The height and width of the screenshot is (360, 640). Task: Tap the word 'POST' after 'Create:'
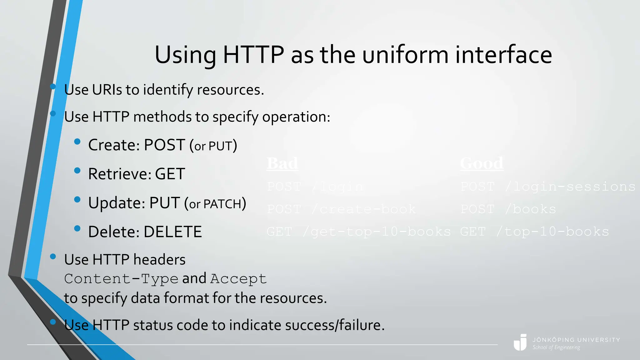pos(164,145)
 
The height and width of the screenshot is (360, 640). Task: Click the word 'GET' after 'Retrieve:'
pos(170,174)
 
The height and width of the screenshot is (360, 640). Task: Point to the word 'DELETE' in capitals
pos(172,232)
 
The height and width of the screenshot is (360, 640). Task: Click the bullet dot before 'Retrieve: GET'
pos(77,171)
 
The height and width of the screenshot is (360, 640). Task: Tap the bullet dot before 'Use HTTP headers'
pos(53,257)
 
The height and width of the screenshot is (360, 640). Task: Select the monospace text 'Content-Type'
pos(121,279)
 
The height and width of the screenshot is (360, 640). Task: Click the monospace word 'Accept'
pos(238,279)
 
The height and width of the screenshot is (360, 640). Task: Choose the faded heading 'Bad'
pos(282,163)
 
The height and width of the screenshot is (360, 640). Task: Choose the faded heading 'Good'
pos(482,163)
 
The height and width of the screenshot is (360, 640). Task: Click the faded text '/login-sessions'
pos(570,187)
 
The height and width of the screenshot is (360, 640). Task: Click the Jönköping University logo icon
pos(520,342)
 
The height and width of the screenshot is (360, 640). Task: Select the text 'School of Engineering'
pos(556,347)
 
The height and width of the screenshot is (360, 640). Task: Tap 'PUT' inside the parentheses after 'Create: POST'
pos(220,146)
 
